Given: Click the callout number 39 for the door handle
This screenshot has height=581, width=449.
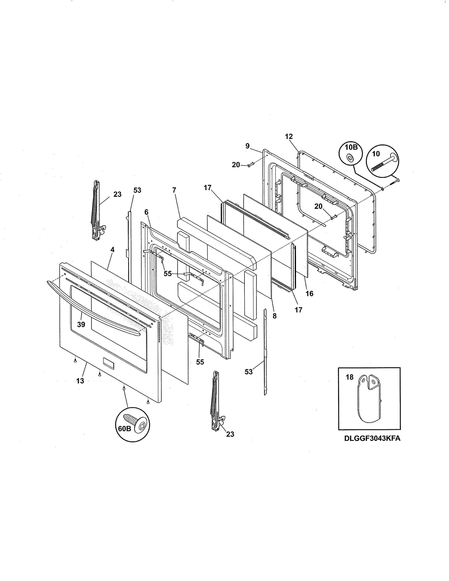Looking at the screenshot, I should tap(81, 324).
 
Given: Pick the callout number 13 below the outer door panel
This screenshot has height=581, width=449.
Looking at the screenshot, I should tap(80, 381).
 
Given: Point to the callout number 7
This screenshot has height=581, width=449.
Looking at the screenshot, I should tap(174, 190).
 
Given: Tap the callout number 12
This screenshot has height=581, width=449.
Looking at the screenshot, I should tap(289, 136).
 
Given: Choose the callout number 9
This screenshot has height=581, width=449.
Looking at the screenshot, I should tap(247, 146).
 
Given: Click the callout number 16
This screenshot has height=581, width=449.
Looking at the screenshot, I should tap(309, 293).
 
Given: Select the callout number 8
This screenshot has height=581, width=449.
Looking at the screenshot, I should tap(275, 316).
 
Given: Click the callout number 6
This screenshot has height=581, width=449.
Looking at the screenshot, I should tap(146, 212).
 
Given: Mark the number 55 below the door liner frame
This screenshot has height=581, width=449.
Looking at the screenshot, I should tap(200, 362).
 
